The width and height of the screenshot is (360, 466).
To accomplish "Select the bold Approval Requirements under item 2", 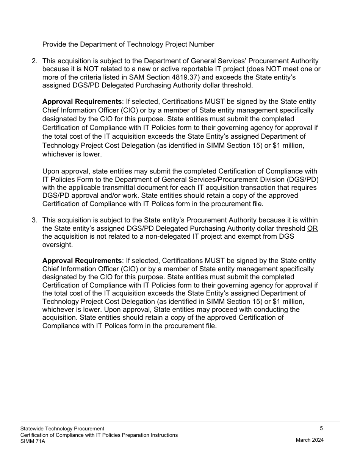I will pos(82,102).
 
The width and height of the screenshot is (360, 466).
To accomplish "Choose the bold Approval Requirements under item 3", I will pos(82,261).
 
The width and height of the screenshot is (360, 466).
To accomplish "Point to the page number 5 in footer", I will pos(321,428).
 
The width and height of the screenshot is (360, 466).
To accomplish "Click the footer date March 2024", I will pos(310,440).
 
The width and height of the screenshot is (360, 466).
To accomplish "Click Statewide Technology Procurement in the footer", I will pos(62,428).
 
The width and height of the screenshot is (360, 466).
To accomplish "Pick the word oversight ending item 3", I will pos(57,245).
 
